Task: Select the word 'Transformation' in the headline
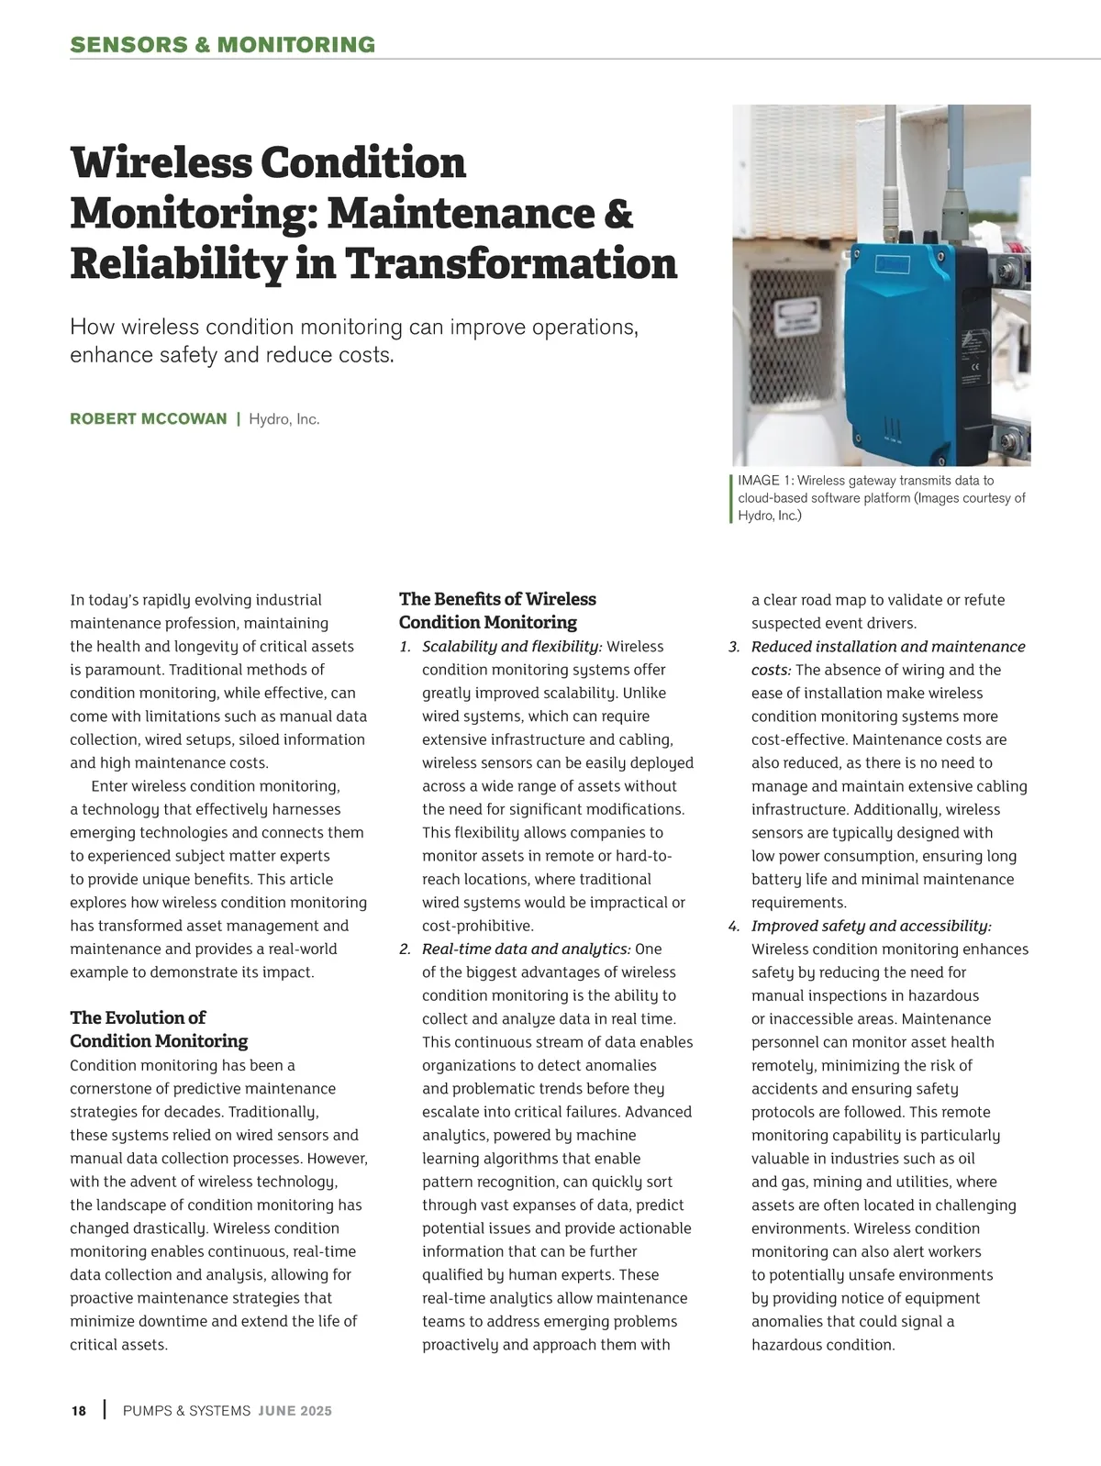pos(510,263)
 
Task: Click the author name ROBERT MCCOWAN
pos(149,419)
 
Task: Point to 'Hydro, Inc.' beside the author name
pos(284,419)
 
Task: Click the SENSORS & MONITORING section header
pos(223,45)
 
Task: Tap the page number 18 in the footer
pos(79,1411)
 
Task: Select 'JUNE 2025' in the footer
pos(295,1411)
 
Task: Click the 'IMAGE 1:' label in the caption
pos(765,481)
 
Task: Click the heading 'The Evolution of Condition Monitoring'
pos(159,1029)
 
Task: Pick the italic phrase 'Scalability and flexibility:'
pos(512,647)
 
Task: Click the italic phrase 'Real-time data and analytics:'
pos(526,949)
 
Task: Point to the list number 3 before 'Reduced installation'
pos(734,647)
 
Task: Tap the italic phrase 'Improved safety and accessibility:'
pos(871,926)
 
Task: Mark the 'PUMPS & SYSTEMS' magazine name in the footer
pos(186,1411)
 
